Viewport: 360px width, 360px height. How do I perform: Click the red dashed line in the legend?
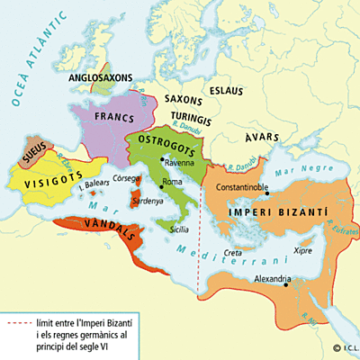[18, 321]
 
